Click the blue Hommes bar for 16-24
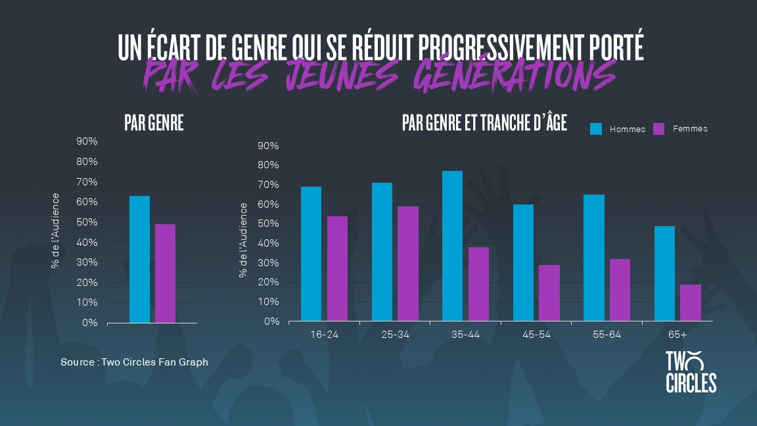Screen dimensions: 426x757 point(311,254)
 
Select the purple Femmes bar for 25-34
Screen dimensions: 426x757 point(408,264)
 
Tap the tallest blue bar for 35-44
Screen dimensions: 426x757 point(452,247)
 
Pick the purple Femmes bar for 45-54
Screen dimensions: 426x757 point(549,293)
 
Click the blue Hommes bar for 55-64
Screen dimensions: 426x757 point(594,258)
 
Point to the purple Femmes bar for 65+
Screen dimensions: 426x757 point(691,303)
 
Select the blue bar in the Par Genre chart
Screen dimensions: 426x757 point(139,260)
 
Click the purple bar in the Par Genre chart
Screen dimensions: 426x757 point(165,273)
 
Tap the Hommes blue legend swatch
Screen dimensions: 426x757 point(596,129)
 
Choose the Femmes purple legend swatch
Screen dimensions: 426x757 point(659,129)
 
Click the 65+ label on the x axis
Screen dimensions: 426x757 point(677,335)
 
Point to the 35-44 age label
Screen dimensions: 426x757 point(465,335)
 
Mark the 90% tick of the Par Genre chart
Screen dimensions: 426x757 point(87,141)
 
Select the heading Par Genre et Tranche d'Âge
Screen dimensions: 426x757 point(484,124)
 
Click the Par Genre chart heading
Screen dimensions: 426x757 point(154,124)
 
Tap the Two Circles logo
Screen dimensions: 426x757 point(691,372)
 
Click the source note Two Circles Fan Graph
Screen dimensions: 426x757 point(134,362)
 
